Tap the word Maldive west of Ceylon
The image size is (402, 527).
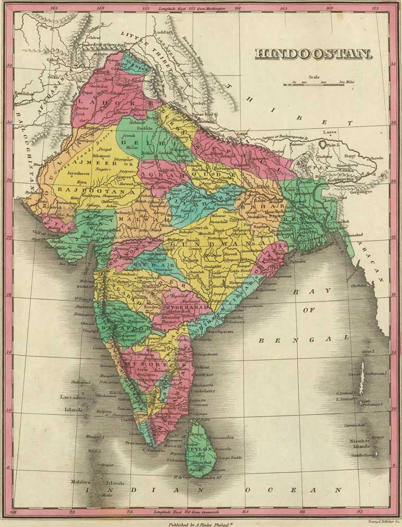coord(82,483)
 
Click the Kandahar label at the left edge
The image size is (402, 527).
coord(24,94)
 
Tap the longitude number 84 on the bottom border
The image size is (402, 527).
coord(245,512)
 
